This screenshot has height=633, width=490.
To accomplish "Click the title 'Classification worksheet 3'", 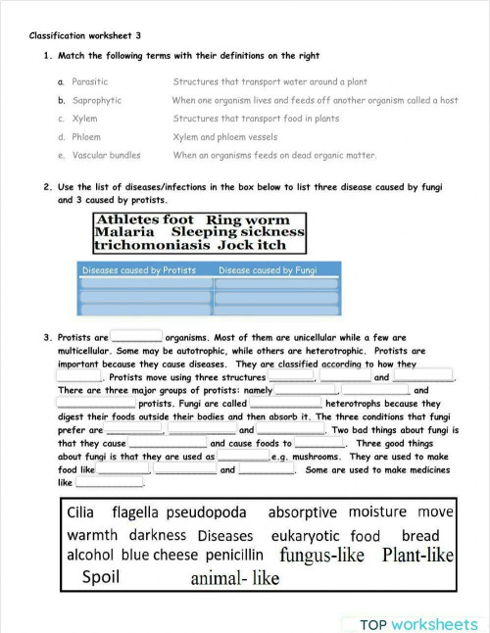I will click(x=85, y=35).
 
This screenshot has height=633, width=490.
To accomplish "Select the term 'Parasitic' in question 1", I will click(x=90, y=82).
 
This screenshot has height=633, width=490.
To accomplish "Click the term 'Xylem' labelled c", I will click(x=84, y=119).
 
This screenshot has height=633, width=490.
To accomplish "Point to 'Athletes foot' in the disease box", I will click(x=144, y=220).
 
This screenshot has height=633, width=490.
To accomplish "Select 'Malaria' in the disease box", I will click(x=124, y=233).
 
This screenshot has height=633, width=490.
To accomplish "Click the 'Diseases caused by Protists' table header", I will click(x=139, y=270).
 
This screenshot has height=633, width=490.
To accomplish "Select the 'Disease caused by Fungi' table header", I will click(x=268, y=270).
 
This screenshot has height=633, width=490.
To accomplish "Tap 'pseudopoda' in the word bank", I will click(x=206, y=512).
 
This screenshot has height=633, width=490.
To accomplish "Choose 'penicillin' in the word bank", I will click(x=233, y=555).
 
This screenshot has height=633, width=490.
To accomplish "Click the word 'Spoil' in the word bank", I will click(x=101, y=577).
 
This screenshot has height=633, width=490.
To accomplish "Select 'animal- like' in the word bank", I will click(x=234, y=579).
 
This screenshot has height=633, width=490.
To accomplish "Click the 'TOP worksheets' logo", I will click(x=418, y=624).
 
